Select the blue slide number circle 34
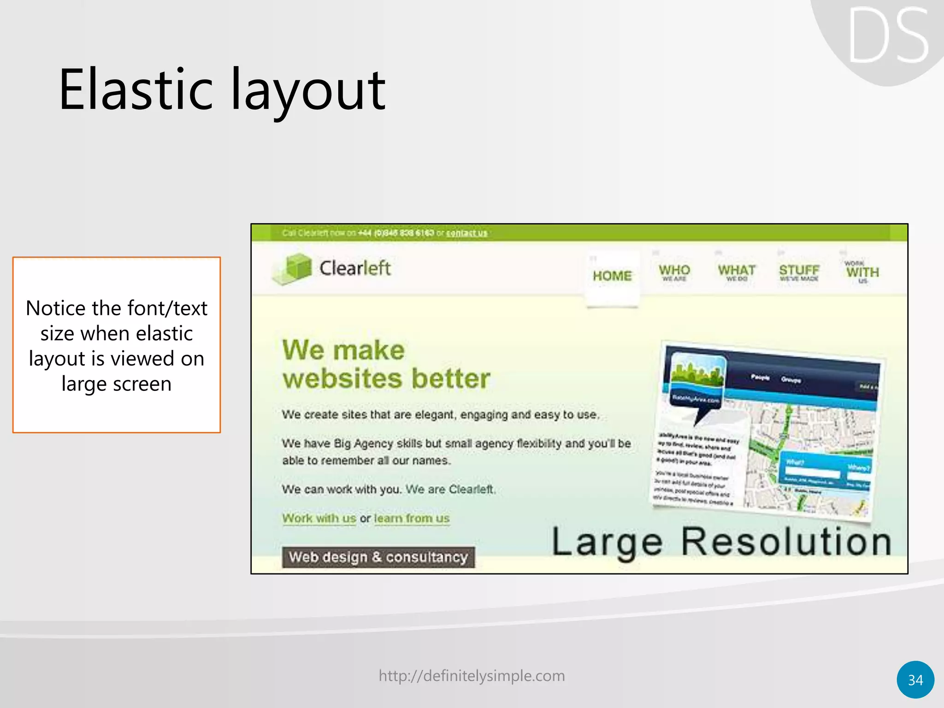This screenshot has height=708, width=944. tap(915, 679)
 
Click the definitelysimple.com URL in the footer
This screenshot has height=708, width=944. tap(472, 676)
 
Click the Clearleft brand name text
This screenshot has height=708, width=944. tap(355, 268)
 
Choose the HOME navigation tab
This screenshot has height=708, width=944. tap(612, 276)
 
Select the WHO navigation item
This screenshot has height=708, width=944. tap(674, 271)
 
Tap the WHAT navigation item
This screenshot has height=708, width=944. tap(736, 271)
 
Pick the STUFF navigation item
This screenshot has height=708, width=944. tap(799, 271)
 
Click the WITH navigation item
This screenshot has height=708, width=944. tap(862, 272)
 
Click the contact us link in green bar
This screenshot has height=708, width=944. tap(466, 233)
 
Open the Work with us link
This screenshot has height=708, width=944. tap(319, 518)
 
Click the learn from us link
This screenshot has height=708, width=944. tap(412, 518)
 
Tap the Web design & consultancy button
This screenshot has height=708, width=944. tap(378, 557)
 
